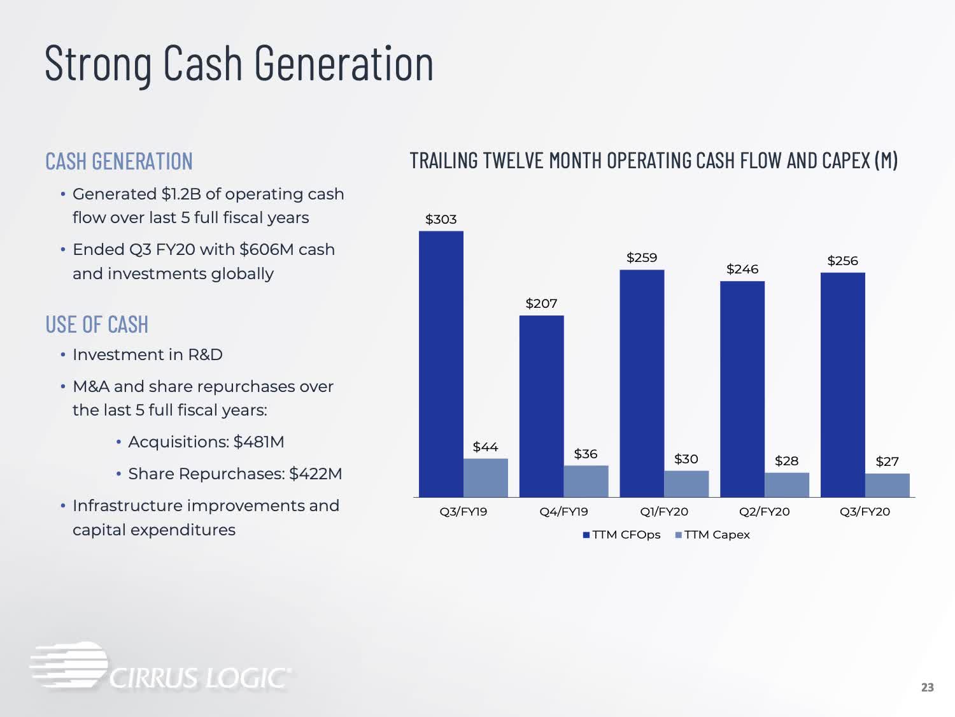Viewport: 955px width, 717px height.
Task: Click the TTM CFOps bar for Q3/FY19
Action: click(441, 364)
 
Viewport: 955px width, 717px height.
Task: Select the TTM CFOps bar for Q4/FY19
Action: click(542, 406)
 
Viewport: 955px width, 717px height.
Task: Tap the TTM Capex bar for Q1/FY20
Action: click(686, 484)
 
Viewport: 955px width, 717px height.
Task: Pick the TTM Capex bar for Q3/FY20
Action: click(887, 485)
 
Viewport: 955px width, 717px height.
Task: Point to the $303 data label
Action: click(441, 219)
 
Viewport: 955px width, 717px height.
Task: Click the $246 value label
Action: click(742, 269)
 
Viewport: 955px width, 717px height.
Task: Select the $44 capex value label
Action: click(486, 447)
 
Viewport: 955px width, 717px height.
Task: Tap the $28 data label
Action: click(787, 461)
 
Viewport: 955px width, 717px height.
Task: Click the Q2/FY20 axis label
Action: click(765, 512)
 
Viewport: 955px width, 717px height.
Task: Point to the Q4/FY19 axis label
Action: click(564, 512)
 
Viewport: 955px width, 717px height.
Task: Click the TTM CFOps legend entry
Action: click(622, 535)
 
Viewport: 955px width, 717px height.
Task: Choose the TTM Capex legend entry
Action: click(712, 535)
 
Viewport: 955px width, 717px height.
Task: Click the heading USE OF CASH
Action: click(97, 324)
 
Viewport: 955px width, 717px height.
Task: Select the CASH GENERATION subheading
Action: click(119, 161)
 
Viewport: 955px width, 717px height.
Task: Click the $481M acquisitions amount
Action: click(259, 442)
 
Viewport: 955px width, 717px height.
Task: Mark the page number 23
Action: click(928, 688)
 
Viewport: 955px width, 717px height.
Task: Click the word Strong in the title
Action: click(98, 64)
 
